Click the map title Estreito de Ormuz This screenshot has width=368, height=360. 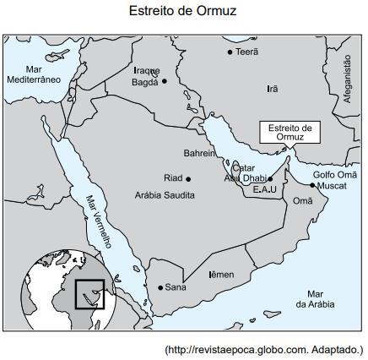pyautogui.click(x=182, y=12)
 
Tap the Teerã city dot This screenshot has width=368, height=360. pyautogui.click(x=230, y=52)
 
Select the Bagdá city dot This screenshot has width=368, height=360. pyautogui.click(x=165, y=81)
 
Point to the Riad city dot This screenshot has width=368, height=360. pyautogui.click(x=187, y=178)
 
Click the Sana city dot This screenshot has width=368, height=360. pyautogui.click(x=160, y=287)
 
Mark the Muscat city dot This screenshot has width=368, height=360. pyautogui.click(x=312, y=185)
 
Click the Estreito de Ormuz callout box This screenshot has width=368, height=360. pyautogui.click(x=290, y=132)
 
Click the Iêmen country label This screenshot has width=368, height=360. pyautogui.click(x=221, y=275)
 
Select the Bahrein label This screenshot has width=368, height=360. pyautogui.click(x=200, y=153)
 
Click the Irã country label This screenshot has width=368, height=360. pyautogui.click(x=272, y=89)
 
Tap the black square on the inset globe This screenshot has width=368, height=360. pyautogui.click(x=89, y=294)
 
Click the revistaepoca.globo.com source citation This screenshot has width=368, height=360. pyautogui.click(x=263, y=349)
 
